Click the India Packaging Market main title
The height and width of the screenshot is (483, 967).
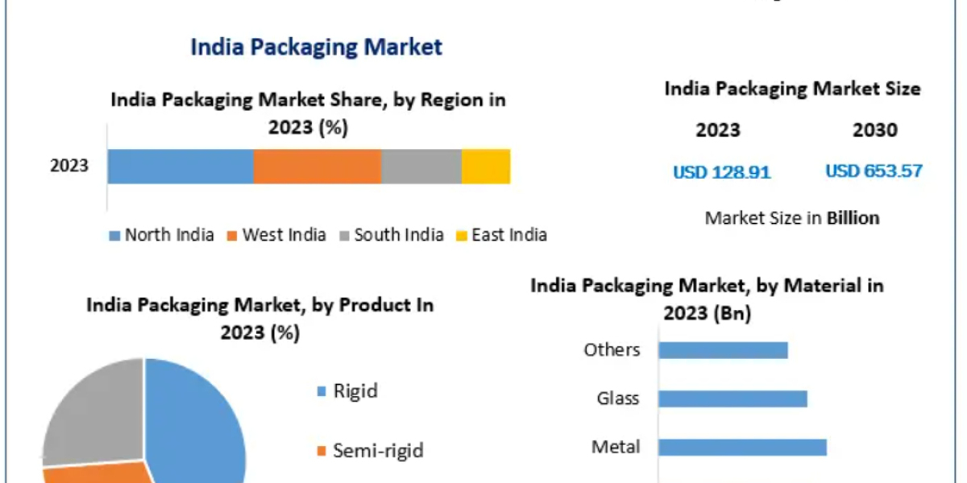(x=316, y=47)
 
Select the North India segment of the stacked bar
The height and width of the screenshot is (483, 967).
(x=181, y=166)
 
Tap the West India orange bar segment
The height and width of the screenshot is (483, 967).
(x=317, y=166)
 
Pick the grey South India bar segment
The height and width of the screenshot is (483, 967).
(x=421, y=166)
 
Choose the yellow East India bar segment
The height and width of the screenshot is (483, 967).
(x=485, y=166)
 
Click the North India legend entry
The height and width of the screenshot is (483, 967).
(x=161, y=235)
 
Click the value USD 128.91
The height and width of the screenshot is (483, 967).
(x=722, y=171)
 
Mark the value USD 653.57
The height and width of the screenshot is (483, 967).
(x=874, y=171)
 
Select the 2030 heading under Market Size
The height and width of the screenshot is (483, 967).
(x=874, y=130)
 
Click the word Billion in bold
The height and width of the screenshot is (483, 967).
(x=853, y=217)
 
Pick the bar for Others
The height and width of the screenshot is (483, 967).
(x=723, y=350)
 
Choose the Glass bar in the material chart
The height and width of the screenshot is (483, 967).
(x=733, y=398)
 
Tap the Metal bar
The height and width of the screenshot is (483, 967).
(x=742, y=447)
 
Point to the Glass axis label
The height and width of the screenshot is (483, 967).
(x=618, y=398)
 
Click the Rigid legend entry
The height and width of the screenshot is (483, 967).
(x=347, y=392)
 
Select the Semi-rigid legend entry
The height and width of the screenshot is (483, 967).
(x=371, y=450)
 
